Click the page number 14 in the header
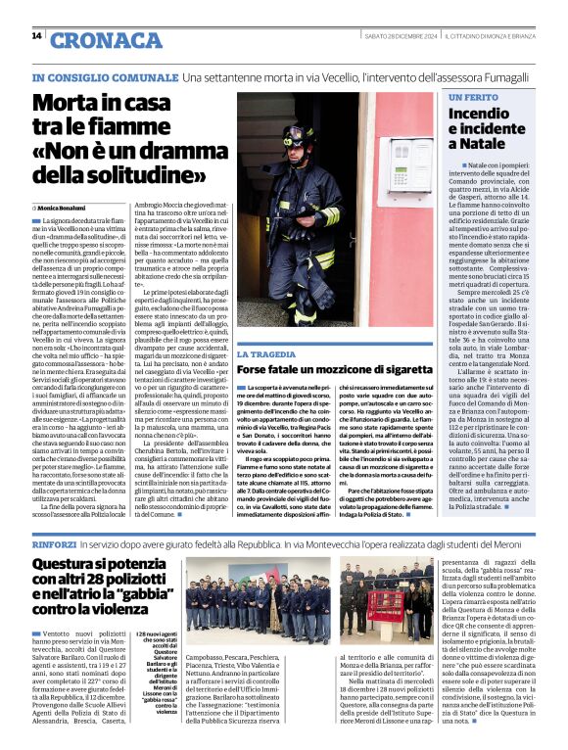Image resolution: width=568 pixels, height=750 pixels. pyautogui.click(x=36, y=36)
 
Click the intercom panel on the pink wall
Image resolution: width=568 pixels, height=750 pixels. pyautogui.click(x=402, y=155)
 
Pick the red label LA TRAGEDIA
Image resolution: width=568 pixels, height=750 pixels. pyautogui.click(x=268, y=354)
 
